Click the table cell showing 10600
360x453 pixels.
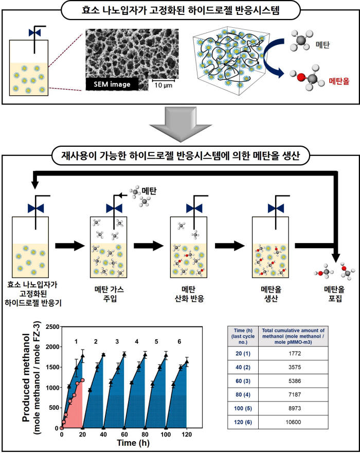(293, 422)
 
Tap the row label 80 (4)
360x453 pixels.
(243, 395)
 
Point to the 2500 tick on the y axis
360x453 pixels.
(52, 327)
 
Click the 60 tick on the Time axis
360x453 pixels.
(124, 434)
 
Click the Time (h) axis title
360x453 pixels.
(133, 443)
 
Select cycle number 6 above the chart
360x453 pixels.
(179, 341)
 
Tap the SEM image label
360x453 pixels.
(112, 84)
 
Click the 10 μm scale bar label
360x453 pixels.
(163, 85)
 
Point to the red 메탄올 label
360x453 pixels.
(339, 81)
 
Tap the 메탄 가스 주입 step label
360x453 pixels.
(109, 293)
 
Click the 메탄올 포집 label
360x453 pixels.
(335, 293)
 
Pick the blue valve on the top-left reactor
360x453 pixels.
(34, 32)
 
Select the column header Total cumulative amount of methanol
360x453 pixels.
(293, 336)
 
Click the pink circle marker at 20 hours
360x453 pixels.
(83, 380)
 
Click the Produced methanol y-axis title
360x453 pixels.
(31, 378)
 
